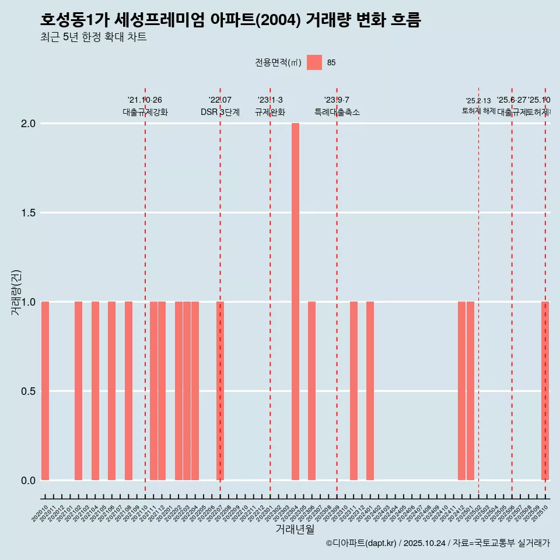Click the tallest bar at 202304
pyautogui.click(x=295, y=302)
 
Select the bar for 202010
pyautogui.click(x=45, y=391)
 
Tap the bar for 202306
pyautogui.click(x=311, y=391)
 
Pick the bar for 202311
pyautogui.click(x=353, y=391)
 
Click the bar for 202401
pyautogui.click(x=370, y=391)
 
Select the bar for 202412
pyautogui.click(x=461, y=391)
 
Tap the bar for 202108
pyautogui.click(x=128, y=391)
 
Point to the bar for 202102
pyautogui.click(x=78, y=391)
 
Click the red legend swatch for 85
pyautogui.click(x=314, y=62)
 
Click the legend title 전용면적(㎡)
pyautogui.click(x=278, y=62)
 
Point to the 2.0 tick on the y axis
pyautogui.click(x=29, y=124)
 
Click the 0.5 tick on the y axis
pyautogui.click(x=29, y=391)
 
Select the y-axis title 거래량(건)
pyautogui.click(x=16, y=292)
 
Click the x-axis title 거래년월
pyautogui.click(x=295, y=529)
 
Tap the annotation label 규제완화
pyautogui.click(x=270, y=112)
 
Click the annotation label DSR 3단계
pyautogui.click(x=220, y=112)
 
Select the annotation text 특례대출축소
pyautogui.click(x=337, y=112)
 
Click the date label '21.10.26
pyautogui.click(x=145, y=100)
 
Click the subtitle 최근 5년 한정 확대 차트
pyautogui.click(x=93, y=37)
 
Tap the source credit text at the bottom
pyautogui.click(x=437, y=543)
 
